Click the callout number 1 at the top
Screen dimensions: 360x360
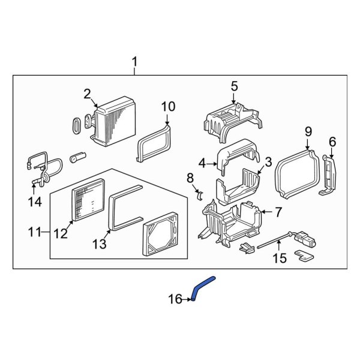[134, 62]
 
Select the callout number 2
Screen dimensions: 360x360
[87, 94]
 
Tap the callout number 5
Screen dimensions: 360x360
[234, 87]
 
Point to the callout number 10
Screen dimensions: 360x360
[168, 107]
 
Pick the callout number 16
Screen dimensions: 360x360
[175, 298]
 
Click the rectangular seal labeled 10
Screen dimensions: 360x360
[154, 143]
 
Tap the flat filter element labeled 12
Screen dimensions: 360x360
[89, 201]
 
